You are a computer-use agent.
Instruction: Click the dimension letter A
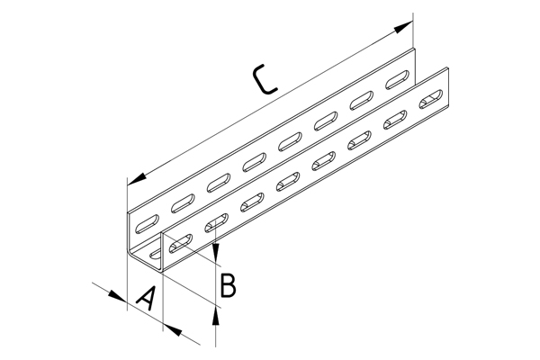(x=145, y=298)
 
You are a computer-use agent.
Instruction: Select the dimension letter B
(x=228, y=285)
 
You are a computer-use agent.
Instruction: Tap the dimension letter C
(x=264, y=79)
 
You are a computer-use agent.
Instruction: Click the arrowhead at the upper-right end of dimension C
(x=403, y=27)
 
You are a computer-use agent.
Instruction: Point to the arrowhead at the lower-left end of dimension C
(x=137, y=180)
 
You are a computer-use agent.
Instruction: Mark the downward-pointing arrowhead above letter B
(x=216, y=251)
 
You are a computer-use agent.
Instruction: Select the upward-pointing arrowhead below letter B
(x=216, y=316)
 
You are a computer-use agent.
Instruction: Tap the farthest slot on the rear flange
(x=397, y=79)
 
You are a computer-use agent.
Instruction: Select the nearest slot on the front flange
(x=181, y=244)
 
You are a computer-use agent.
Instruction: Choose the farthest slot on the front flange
(x=431, y=99)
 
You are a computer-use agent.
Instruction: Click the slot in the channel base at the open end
(x=156, y=253)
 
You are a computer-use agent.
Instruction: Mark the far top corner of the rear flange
(x=415, y=49)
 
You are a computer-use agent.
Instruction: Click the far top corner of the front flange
(x=448, y=67)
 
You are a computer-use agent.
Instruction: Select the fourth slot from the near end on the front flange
(x=288, y=182)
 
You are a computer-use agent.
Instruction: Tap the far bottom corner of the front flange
(x=449, y=106)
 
